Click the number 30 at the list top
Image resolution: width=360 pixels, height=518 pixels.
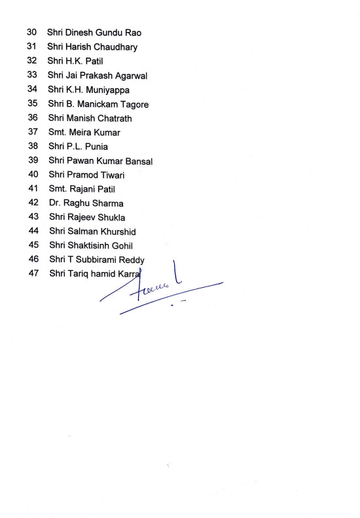click(31, 32)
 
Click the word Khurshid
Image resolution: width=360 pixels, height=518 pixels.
click(115, 232)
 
